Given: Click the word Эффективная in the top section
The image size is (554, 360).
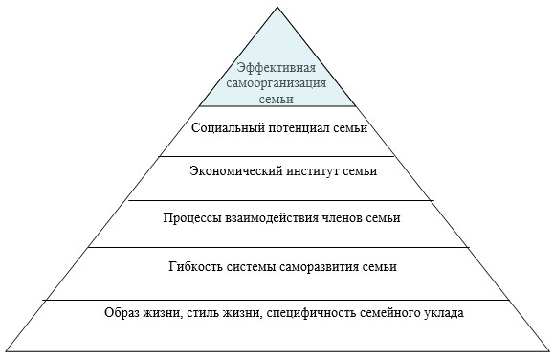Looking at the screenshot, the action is pyautogui.click(x=277, y=68).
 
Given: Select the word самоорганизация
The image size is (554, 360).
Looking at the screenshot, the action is pyautogui.click(x=277, y=84).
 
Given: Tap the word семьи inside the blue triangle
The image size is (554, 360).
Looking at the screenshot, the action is pyautogui.click(x=277, y=99).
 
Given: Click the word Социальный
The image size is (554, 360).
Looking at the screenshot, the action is pyautogui.click(x=228, y=127).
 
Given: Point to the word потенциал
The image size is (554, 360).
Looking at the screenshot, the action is pyautogui.click(x=299, y=127).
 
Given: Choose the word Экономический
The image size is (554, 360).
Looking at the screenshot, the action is pyautogui.click(x=236, y=171).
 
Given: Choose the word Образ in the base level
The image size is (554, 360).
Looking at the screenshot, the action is pyautogui.click(x=122, y=313).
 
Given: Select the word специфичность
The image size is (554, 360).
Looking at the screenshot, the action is pyautogui.click(x=312, y=313).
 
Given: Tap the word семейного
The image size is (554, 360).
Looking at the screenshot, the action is pyautogui.click(x=389, y=313).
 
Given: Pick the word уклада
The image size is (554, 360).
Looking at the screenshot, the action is pyautogui.click(x=443, y=313).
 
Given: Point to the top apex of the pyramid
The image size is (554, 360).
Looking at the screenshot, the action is pyautogui.click(x=277, y=7).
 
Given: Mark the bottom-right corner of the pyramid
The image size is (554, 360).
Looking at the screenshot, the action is pyautogui.click(x=550, y=351).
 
